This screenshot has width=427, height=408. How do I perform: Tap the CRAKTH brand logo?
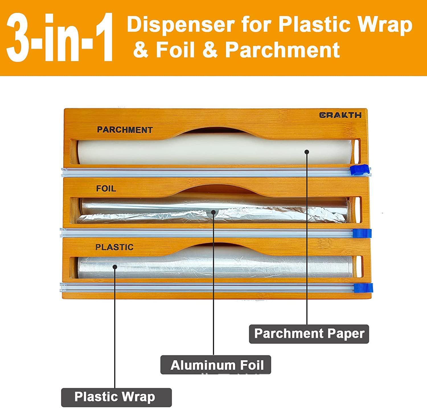[340, 115]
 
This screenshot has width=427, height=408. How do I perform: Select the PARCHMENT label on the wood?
[125, 130]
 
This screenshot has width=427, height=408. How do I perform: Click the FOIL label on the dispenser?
[106, 188]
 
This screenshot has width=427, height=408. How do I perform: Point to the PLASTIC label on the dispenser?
[114, 247]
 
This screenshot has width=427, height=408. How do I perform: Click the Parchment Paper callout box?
[309, 334]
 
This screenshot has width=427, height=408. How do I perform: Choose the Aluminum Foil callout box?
[215, 365]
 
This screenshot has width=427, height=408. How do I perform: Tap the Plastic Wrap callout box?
[116, 397]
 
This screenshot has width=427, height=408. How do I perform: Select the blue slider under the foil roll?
[362, 233]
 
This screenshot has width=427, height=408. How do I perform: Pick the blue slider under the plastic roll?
[363, 288]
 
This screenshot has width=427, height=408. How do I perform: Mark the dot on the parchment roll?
[307, 152]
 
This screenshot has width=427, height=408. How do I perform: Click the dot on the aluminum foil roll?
[213, 212]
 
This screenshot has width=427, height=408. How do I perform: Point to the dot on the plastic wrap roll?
[115, 267]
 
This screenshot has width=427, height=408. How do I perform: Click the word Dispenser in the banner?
[181, 24]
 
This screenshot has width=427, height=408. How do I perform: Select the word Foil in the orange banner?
[175, 50]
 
